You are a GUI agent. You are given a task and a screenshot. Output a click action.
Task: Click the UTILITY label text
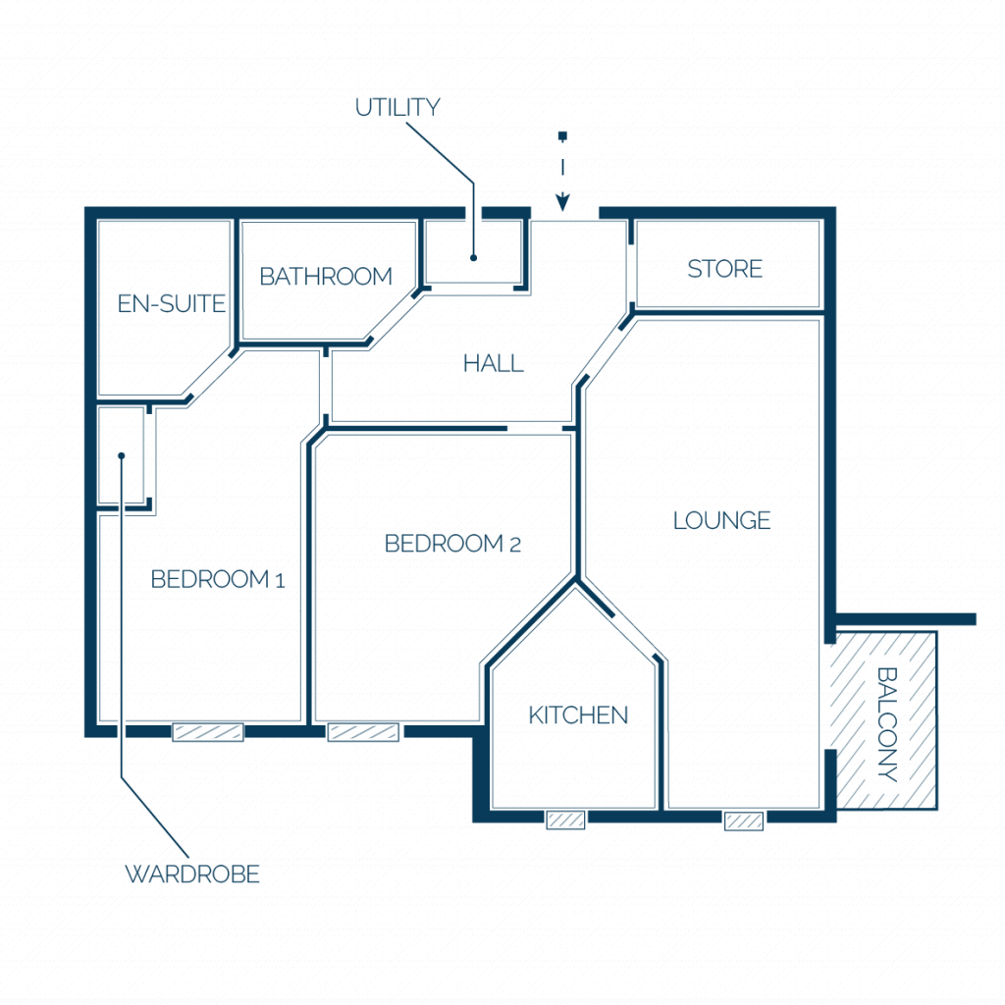(x=397, y=107)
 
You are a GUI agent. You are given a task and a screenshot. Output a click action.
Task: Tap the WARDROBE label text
(x=192, y=873)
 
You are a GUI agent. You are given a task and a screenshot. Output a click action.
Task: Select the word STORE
(x=725, y=269)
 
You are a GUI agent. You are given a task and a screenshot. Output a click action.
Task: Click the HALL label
(x=494, y=363)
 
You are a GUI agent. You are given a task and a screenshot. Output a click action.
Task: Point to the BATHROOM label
(x=326, y=276)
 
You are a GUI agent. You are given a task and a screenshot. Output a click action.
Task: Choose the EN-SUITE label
(x=171, y=303)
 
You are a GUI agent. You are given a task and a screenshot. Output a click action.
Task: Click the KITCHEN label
(x=578, y=715)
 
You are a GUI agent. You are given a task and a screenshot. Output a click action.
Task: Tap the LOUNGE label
(x=721, y=520)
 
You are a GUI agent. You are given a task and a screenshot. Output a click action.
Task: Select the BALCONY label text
(x=887, y=724)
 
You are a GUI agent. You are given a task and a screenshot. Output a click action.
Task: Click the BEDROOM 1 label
(x=217, y=579)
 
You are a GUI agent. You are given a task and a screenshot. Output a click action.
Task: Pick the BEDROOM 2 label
(x=452, y=544)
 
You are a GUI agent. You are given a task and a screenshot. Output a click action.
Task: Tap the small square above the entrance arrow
(x=562, y=135)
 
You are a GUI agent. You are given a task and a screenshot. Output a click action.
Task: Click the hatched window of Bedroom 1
(x=208, y=732)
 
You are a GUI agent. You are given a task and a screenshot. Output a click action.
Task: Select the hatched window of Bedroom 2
(x=363, y=732)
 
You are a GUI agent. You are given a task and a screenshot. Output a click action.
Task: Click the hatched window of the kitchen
(x=565, y=820)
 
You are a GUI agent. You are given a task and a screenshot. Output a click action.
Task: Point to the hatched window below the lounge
(x=744, y=820)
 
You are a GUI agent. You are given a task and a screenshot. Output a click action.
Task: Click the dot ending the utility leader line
(x=474, y=258)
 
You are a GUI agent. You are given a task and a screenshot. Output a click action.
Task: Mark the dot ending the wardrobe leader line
(x=121, y=455)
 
